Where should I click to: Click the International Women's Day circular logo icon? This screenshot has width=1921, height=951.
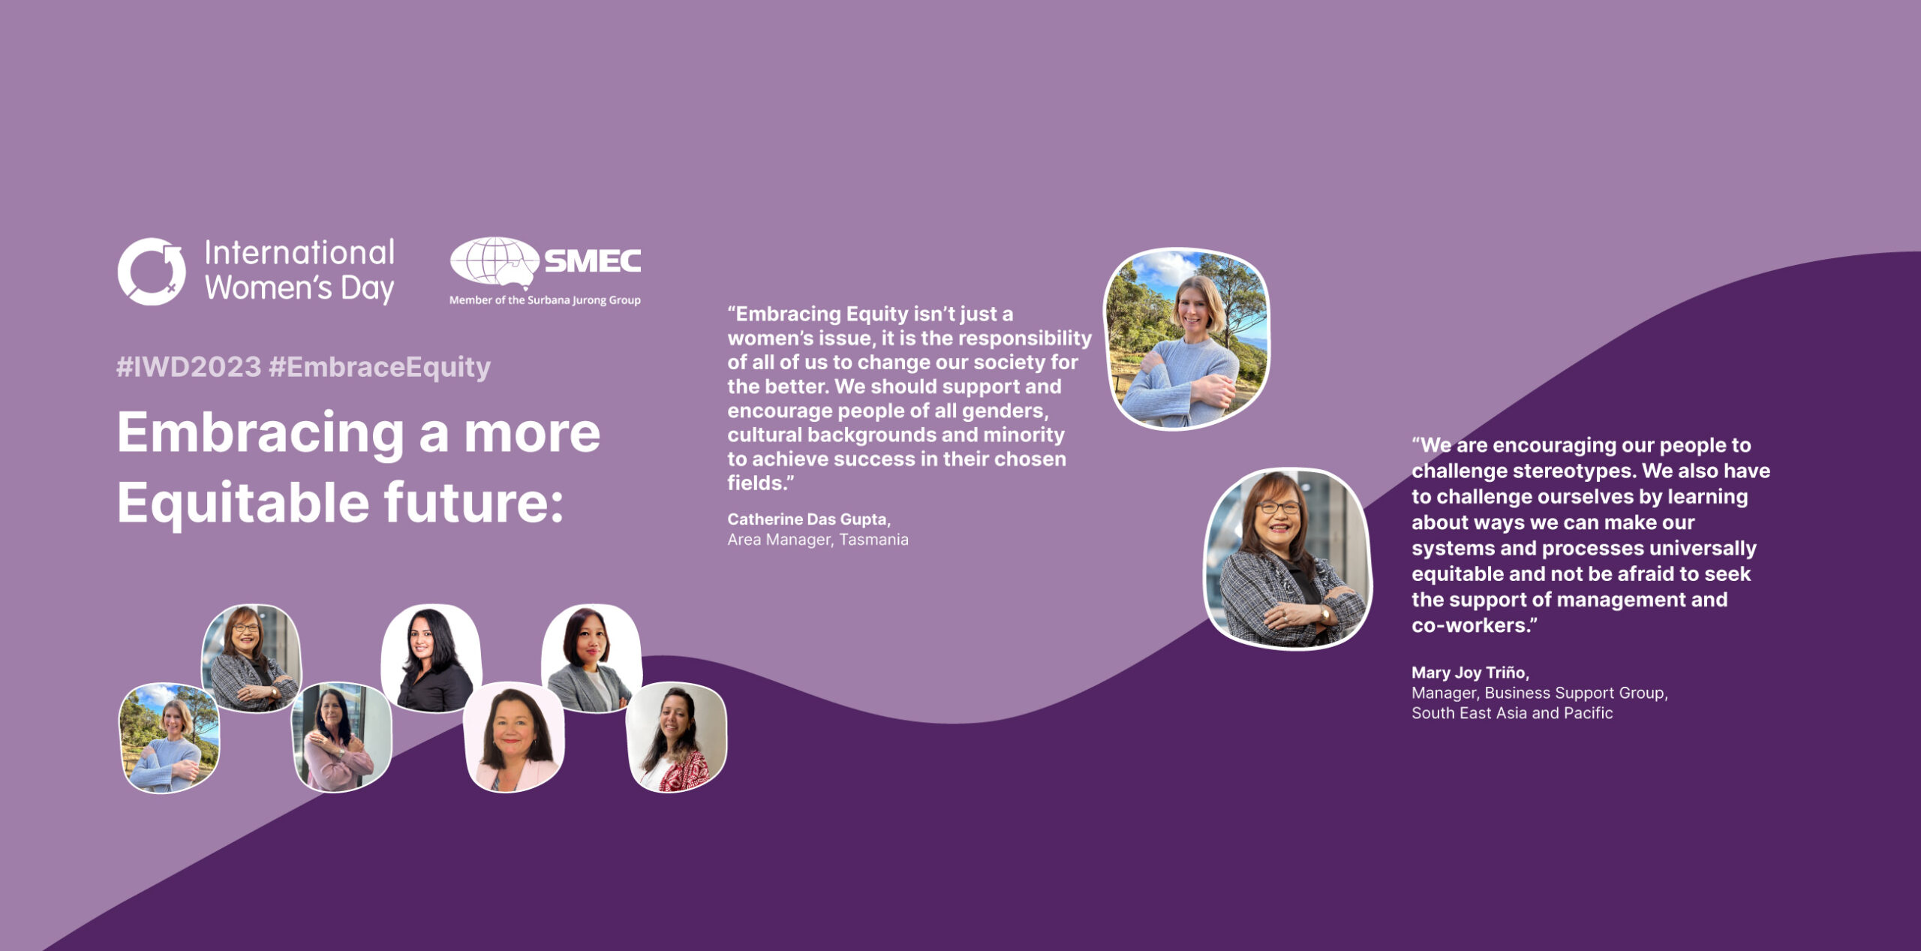(x=152, y=271)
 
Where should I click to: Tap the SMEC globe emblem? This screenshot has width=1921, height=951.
(x=494, y=261)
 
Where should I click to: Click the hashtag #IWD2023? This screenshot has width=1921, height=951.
(x=189, y=367)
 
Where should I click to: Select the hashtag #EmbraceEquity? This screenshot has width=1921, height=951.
(x=380, y=367)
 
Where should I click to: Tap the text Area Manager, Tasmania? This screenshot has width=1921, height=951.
(x=818, y=540)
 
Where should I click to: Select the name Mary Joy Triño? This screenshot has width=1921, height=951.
(x=1470, y=673)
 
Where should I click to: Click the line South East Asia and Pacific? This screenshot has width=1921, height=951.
(x=1512, y=713)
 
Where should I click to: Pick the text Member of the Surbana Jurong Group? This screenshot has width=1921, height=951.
(x=545, y=300)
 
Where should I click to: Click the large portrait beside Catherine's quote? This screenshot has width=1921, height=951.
(x=1186, y=339)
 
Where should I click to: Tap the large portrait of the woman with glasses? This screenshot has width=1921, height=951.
(x=1288, y=558)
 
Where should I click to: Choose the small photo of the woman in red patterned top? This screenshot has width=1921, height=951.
(x=676, y=737)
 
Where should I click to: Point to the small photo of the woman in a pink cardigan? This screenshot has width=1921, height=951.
(x=341, y=737)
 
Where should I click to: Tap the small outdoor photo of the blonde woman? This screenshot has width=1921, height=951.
(x=170, y=737)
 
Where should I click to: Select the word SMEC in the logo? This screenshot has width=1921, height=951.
(x=593, y=261)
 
